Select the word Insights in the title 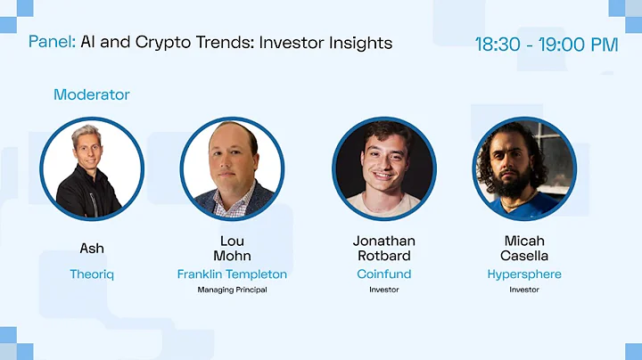coord(358,42)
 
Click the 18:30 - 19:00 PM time coord(546,44)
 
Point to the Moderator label coord(91,94)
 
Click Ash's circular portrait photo coord(91,168)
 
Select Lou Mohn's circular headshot coord(232,168)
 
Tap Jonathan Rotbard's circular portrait coord(384,168)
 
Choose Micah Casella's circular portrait coord(524,168)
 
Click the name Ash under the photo coord(92,248)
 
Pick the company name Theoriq coord(92,274)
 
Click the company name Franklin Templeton coord(232,274)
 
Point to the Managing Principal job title coord(232,290)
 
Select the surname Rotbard coord(384,256)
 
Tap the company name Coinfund coord(384,274)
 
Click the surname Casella coord(524,256)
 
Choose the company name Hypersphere coord(524,274)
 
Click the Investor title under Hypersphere coord(524,290)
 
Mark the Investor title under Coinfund coord(384,290)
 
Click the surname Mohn coord(232,256)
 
